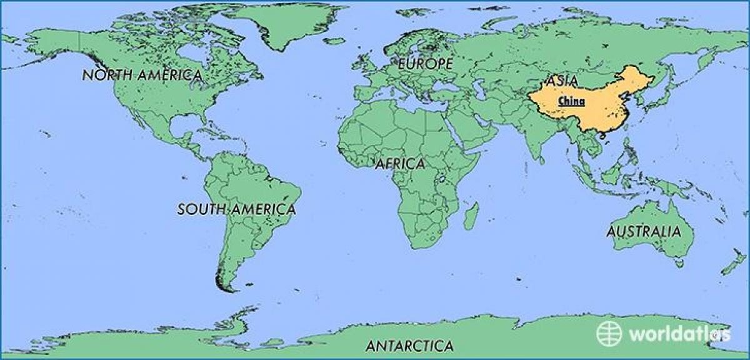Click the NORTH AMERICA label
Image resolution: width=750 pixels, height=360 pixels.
142,76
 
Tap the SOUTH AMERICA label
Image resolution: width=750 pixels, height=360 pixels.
236,209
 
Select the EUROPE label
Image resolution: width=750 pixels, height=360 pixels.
425,64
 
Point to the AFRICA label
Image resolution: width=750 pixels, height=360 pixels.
400,164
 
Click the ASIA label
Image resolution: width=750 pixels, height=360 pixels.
561,81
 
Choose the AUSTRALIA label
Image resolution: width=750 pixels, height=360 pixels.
643,232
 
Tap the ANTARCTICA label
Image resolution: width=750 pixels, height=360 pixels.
409,346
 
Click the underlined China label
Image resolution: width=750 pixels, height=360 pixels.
571,101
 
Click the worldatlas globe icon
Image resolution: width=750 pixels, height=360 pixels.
609,333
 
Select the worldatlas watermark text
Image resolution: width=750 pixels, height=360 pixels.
679,334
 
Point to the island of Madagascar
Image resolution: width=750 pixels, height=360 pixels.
471,215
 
